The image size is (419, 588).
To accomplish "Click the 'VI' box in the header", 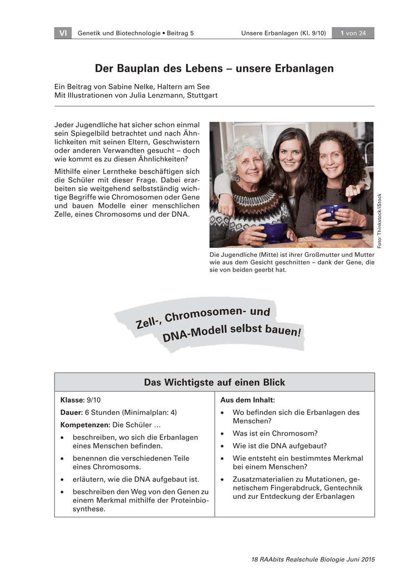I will coord(63,33).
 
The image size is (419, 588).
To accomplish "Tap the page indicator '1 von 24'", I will coord(353,33).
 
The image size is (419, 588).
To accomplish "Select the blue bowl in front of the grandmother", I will coord(273,231).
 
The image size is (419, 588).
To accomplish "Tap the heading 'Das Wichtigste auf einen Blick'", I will coord(214,382).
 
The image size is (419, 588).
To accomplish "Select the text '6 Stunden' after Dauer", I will coord(101,413).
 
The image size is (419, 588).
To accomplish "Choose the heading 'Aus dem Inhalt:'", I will coord(247,400).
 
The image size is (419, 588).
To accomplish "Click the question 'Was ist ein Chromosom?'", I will coord(275,434).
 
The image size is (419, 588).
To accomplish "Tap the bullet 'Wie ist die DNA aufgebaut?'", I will coord(279,446).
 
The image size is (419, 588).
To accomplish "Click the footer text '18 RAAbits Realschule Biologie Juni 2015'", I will coord(313,559).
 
